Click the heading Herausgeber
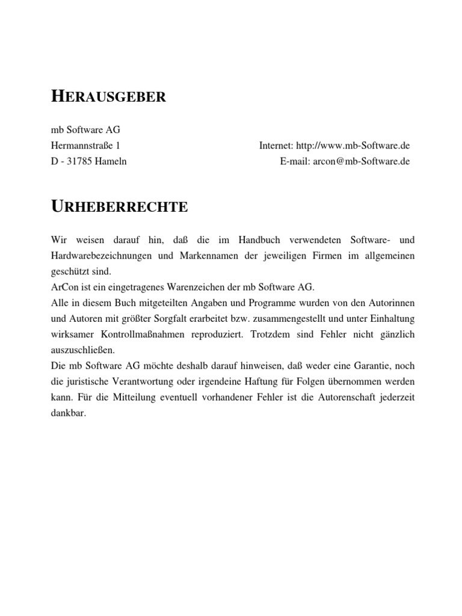(107, 96)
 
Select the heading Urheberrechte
(119, 207)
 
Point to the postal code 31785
(84, 161)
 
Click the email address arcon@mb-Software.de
(362, 161)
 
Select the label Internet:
(276, 146)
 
